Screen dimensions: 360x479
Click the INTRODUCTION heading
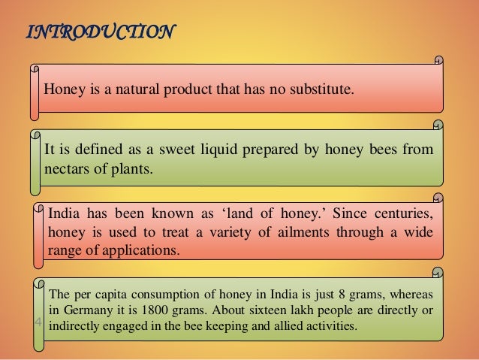[101, 32]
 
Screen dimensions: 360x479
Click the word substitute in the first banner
[322, 90]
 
